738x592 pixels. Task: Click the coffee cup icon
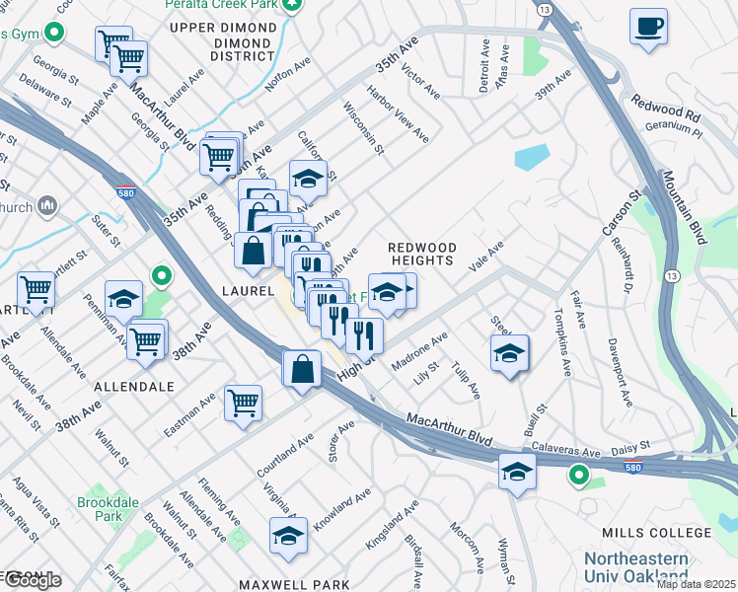[648, 28]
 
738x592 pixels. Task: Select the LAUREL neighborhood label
[248, 291]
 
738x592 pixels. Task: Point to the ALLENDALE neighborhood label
[136, 388]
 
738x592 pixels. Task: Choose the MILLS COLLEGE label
[656, 533]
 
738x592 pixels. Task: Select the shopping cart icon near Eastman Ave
[243, 403]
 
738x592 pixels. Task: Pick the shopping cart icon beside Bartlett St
[36, 291]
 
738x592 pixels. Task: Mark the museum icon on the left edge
[47, 206]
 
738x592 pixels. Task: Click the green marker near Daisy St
[578, 478]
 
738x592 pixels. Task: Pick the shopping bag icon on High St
[301, 370]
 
